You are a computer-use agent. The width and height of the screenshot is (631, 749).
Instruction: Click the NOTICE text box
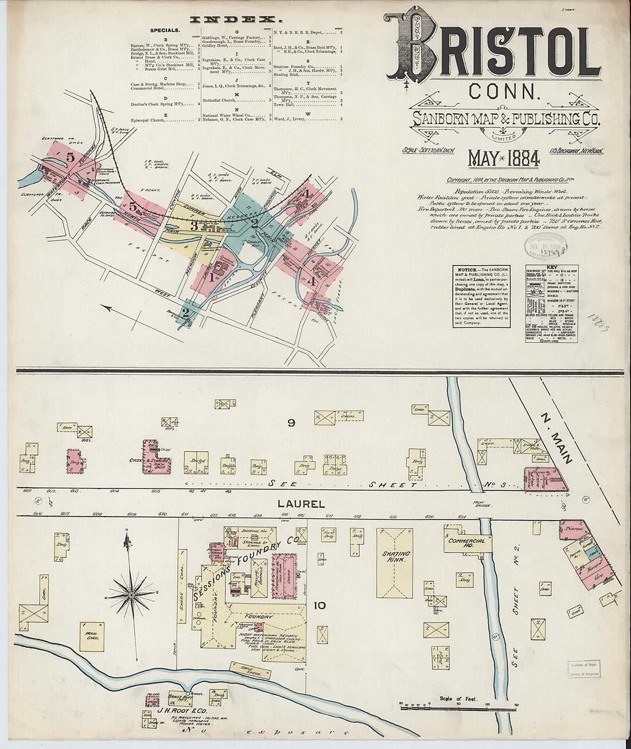pos(481,296)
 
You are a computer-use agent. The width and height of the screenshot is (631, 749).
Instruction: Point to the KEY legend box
pos(551,304)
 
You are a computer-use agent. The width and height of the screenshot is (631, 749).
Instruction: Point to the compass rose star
pos(131,594)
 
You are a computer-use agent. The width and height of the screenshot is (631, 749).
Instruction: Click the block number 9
pos(291,423)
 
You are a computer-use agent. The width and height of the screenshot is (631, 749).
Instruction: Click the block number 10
pos(320,605)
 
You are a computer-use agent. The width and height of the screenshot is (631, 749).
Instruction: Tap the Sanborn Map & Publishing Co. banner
pos(505,119)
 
